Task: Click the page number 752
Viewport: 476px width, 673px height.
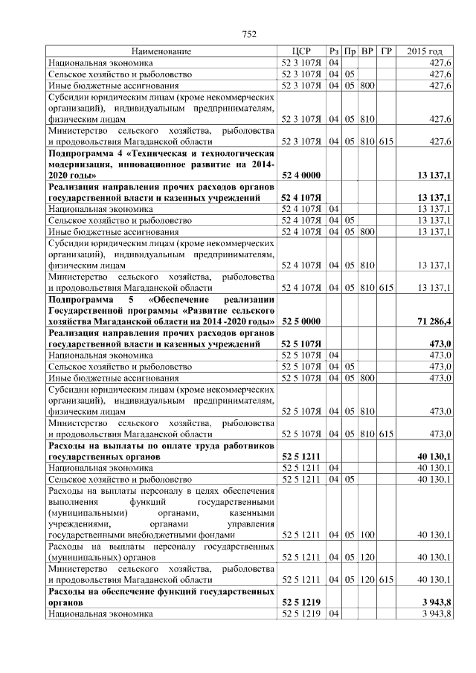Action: point(249,33)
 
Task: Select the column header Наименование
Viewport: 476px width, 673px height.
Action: point(161,51)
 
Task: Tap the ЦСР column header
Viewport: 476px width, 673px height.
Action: point(301,51)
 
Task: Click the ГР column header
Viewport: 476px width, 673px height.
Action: point(385,51)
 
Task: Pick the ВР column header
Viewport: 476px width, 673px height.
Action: point(367,51)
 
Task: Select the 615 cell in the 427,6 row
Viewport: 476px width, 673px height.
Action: point(385,141)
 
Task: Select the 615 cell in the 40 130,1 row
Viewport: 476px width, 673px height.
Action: point(385,579)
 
